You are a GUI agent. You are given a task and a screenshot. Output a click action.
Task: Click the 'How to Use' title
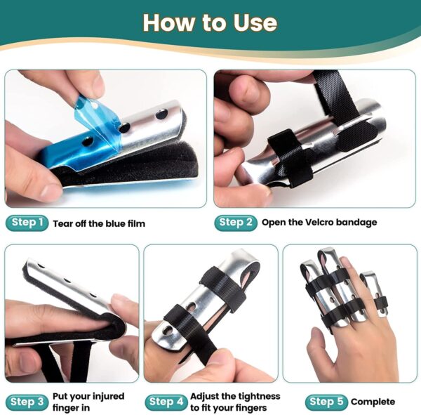coord(210,22)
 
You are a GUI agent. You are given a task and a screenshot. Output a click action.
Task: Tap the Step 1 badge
coord(27,223)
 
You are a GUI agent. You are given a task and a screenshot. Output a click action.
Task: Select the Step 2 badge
coord(236,223)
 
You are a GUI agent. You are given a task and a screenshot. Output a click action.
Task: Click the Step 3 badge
coord(27,402)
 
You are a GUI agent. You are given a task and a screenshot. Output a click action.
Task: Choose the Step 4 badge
coord(166,402)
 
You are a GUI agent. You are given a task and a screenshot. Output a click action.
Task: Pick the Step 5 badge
coord(326,402)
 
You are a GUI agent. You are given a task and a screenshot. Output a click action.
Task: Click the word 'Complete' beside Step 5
coord(373,402)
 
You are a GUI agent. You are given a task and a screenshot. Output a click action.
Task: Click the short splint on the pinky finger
coord(374,293)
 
